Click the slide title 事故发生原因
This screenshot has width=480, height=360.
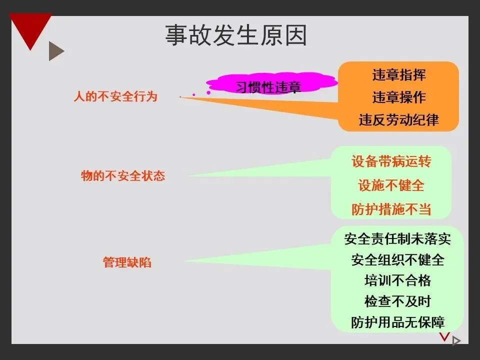235,35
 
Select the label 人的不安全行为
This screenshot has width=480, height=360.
115,96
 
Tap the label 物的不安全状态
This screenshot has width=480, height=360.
123,176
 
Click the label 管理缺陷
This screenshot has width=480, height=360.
127,262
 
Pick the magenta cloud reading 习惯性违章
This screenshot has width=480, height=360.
268,87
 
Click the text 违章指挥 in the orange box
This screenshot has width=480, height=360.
399,75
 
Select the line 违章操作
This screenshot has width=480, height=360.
399,97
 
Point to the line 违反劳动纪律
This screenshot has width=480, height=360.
399,120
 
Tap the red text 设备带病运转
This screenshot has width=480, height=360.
391,161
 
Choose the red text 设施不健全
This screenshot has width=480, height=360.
391,185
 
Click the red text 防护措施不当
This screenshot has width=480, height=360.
391,209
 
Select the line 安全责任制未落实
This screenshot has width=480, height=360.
397,239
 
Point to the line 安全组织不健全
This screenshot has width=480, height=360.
397,260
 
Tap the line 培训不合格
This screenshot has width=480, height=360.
397,280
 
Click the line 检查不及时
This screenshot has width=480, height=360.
397,301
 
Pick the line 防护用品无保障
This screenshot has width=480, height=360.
397,321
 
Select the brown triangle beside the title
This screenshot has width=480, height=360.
55,51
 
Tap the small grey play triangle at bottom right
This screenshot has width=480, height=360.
455,341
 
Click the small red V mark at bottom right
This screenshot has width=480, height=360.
444,336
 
